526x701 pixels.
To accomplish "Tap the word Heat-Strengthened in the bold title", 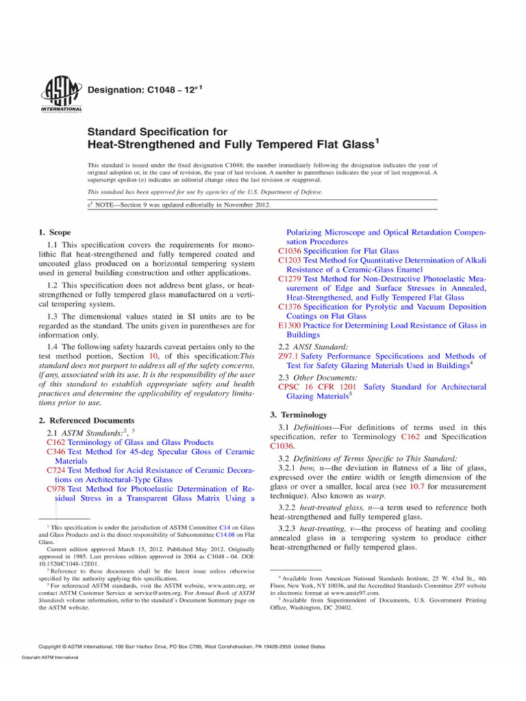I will click(130, 144).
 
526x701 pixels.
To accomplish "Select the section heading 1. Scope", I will click(57, 233).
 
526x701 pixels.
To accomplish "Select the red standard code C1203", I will click(290, 260).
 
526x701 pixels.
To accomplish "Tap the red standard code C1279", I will click(290, 279).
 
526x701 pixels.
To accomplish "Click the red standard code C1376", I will click(290, 307).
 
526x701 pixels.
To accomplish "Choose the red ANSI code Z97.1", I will click(288, 356).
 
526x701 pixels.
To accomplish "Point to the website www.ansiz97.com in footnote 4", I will click(356, 593).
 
